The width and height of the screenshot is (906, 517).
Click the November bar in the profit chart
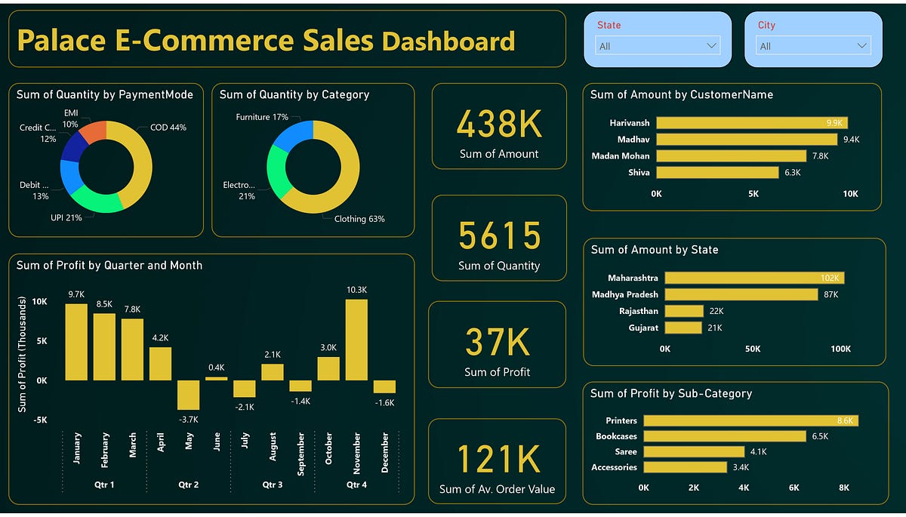(356, 340)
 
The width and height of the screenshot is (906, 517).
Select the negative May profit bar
(188, 395)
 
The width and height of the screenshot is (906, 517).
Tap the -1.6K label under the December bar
(385, 402)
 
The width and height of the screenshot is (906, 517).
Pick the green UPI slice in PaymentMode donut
(94, 200)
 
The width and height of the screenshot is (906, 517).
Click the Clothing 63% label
(359, 219)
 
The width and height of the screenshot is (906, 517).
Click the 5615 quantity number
(499, 236)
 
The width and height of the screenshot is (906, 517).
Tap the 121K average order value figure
(498, 460)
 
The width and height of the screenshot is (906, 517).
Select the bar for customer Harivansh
(751, 122)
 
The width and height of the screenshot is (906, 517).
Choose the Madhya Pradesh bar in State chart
(741, 294)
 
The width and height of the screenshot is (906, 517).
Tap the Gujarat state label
(643, 328)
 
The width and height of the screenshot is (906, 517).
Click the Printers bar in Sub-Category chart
(750, 420)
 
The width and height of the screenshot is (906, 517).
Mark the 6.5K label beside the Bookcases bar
(820, 436)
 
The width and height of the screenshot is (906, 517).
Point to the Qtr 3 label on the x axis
(272, 485)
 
